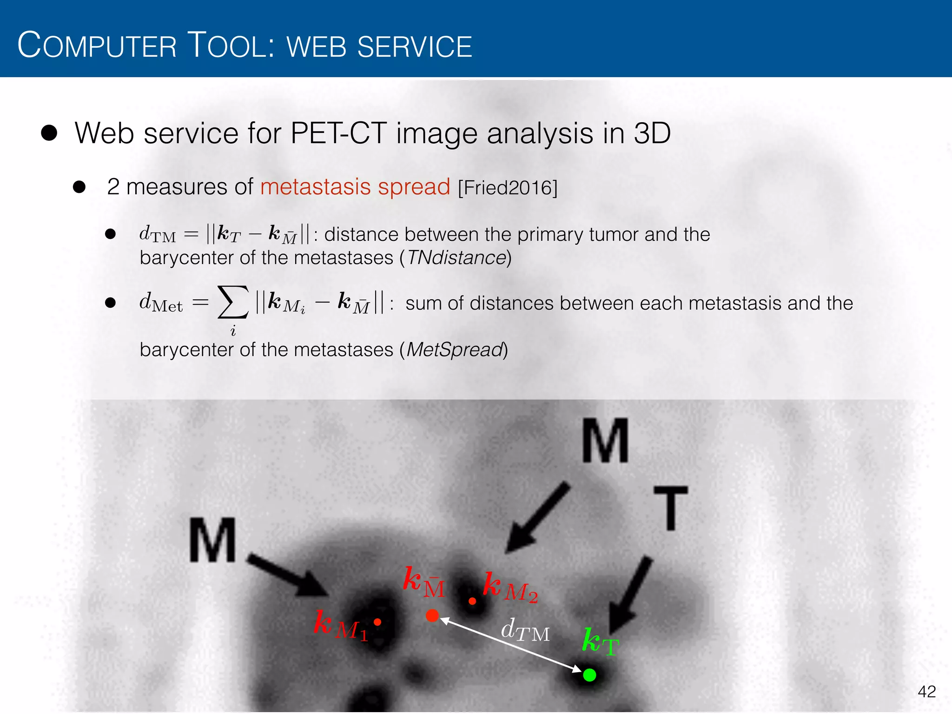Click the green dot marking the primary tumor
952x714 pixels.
click(x=589, y=674)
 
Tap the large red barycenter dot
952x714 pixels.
click(x=432, y=615)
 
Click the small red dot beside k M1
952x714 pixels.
click(x=377, y=622)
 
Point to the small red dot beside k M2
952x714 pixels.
click(x=472, y=601)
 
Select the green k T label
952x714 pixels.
click(x=600, y=642)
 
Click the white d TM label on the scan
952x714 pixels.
click(x=525, y=631)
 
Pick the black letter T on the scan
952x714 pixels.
click(x=670, y=508)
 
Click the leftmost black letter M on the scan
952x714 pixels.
click(x=212, y=541)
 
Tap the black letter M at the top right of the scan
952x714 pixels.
click(x=605, y=440)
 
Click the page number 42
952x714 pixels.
click(x=926, y=692)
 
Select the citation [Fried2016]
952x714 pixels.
click(x=507, y=188)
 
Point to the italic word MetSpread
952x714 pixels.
click(x=455, y=350)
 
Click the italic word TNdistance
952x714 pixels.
click(x=456, y=258)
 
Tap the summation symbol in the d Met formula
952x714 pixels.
click(x=232, y=302)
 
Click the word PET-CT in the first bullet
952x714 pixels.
click(x=338, y=133)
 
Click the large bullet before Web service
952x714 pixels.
click(x=49, y=133)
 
